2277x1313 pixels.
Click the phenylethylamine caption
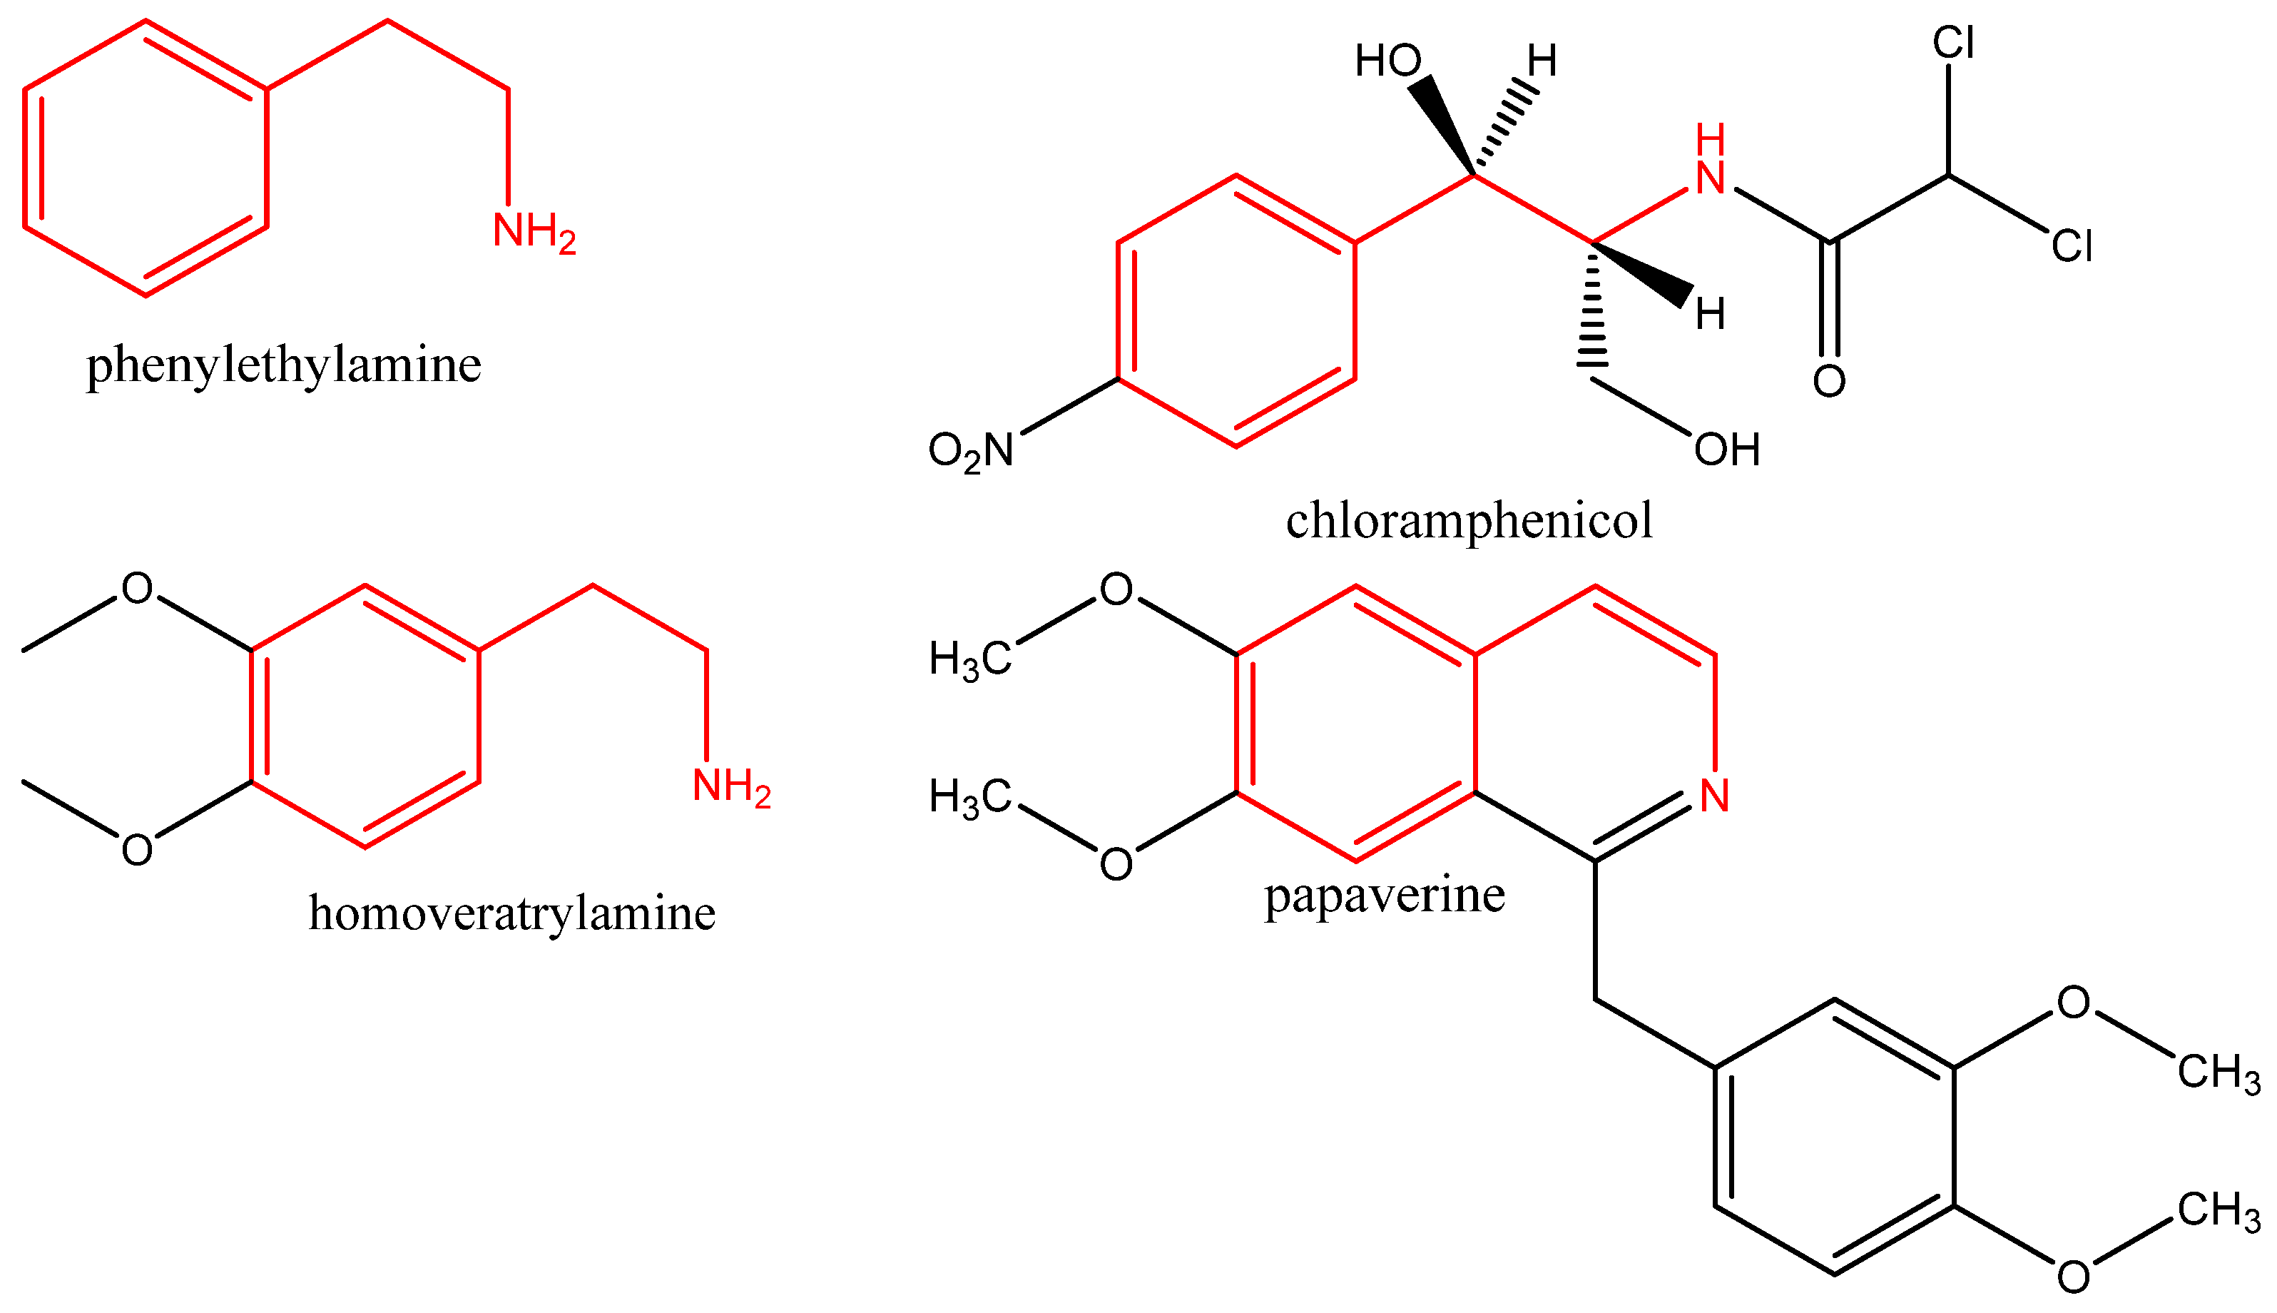tap(283, 366)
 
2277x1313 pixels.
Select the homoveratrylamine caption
tap(512, 913)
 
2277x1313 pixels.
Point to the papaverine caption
tap(1385, 895)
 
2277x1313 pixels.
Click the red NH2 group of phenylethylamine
tap(534, 232)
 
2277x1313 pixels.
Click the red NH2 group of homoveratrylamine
tap(731, 786)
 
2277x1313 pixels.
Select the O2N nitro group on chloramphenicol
tap(970, 451)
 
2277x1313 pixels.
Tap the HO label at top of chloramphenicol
tap(1388, 61)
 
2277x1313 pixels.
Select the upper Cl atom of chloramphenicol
tap(1953, 42)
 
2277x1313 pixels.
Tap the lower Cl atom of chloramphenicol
tap(2072, 245)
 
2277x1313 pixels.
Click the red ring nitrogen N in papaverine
tap(1713, 796)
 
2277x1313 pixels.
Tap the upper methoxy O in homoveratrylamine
tap(137, 589)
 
